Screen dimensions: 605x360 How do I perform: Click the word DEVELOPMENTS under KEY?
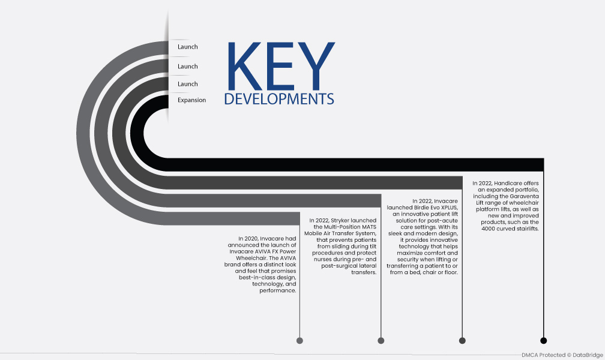point(279,99)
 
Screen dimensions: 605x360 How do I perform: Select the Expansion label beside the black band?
point(192,100)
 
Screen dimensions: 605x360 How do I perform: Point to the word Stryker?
point(340,221)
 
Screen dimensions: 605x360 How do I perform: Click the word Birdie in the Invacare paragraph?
point(423,208)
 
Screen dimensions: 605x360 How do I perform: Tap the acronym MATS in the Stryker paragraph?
point(369,227)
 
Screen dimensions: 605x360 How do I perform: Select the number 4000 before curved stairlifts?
point(488,229)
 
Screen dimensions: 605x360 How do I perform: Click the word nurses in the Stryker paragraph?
point(322,259)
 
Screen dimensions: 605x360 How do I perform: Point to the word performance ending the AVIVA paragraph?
point(278,290)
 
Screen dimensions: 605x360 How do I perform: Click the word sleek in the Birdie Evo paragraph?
point(396,233)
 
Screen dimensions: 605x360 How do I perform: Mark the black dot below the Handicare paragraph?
point(544,340)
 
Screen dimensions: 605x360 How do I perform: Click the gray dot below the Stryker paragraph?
point(381,340)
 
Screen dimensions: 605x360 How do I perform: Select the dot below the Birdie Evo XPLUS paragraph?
point(462,340)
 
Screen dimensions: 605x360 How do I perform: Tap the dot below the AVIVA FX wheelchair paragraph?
point(300,340)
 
